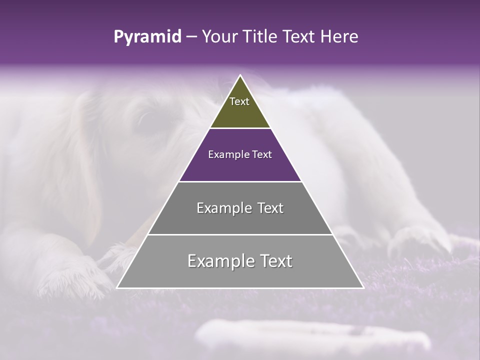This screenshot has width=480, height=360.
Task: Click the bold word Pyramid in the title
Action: pos(147,37)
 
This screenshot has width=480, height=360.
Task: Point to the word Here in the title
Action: pos(340,37)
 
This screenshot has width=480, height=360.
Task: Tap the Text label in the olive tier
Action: pos(239,101)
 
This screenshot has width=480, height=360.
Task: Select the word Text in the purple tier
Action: pos(261,155)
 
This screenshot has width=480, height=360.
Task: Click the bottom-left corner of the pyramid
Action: pos(117,287)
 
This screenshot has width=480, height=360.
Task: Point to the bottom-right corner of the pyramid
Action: pos(363,287)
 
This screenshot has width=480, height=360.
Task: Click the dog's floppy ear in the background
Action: pos(90,165)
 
